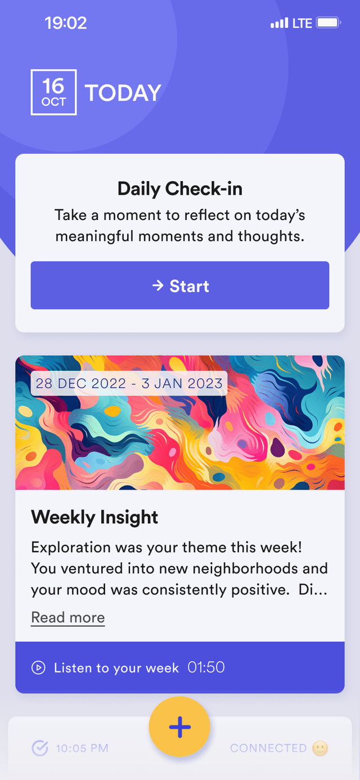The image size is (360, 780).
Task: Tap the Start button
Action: [180, 285]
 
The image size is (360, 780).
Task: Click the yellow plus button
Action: [179, 727]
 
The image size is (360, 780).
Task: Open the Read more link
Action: [68, 617]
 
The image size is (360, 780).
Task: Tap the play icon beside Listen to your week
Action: [38, 667]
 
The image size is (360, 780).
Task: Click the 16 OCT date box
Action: [53, 92]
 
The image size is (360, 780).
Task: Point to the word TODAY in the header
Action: [123, 93]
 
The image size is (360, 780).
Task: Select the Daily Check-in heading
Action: [180, 189]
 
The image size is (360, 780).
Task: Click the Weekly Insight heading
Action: [94, 517]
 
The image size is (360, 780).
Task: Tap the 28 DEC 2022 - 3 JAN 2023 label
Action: [129, 383]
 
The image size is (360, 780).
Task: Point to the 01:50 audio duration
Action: [206, 667]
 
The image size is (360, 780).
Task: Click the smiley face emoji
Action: [320, 748]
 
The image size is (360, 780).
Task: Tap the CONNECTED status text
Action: [268, 748]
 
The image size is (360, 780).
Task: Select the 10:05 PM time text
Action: [82, 748]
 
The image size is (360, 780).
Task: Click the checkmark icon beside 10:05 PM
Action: [40, 748]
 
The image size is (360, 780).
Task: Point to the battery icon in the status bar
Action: [328, 23]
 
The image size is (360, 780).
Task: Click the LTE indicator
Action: [302, 23]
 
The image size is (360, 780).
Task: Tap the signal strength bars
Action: [279, 23]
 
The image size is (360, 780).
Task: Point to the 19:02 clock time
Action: [65, 23]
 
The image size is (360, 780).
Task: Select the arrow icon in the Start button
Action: [157, 285]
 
